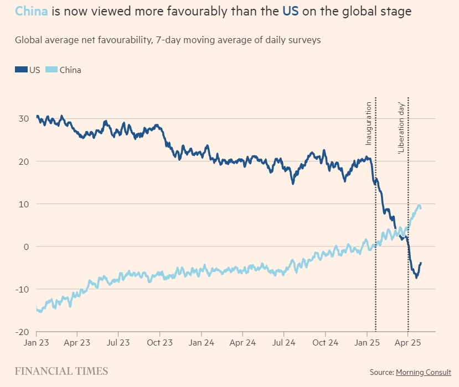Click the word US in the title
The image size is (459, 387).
pyautogui.click(x=291, y=11)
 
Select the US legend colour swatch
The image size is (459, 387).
pyautogui.click(x=21, y=70)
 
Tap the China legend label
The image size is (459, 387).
pyautogui.click(x=70, y=70)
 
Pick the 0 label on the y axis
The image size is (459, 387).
pyautogui.click(x=25, y=246)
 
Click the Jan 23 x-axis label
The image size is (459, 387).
pyautogui.click(x=37, y=343)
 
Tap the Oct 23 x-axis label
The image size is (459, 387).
pyautogui.click(x=159, y=343)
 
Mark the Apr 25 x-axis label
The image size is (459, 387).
pyautogui.click(x=408, y=343)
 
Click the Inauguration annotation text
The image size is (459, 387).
pyautogui.click(x=369, y=123)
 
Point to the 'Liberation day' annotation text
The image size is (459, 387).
pyautogui.click(x=402, y=128)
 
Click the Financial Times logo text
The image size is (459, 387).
pyautogui.click(x=61, y=372)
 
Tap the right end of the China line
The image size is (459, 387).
pyautogui.click(x=421, y=207)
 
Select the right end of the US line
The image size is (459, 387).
pyautogui.click(x=421, y=263)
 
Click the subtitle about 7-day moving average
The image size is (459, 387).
pyautogui.click(x=168, y=40)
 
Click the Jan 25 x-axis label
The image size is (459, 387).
pyautogui.click(x=367, y=343)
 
